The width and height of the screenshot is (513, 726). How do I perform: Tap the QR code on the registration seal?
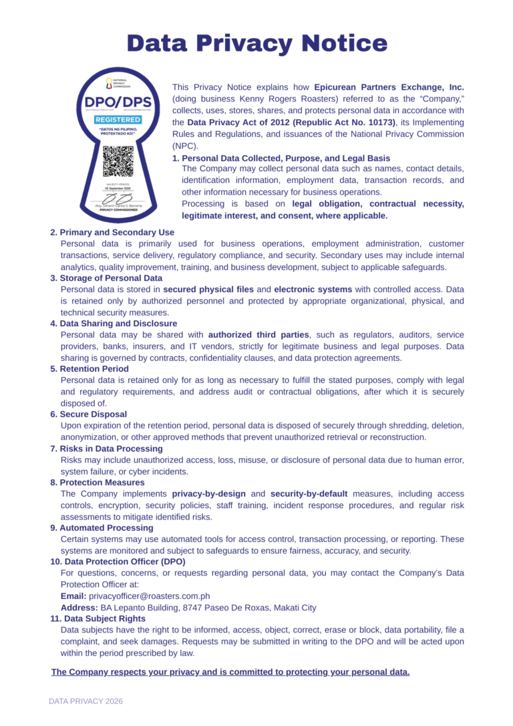(x=118, y=160)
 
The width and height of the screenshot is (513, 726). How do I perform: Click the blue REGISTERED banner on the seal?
(x=118, y=119)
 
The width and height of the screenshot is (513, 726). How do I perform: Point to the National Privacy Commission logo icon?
(x=110, y=84)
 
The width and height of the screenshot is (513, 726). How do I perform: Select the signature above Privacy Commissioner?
(x=118, y=199)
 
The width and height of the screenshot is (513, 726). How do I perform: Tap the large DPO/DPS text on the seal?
(x=118, y=102)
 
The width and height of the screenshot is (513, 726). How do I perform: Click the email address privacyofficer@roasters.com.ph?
(x=150, y=596)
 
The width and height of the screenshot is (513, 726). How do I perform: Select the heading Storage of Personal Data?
(x=111, y=277)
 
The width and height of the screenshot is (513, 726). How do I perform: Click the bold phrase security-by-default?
(x=309, y=494)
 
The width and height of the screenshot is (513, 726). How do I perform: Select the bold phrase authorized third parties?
(x=259, y=334)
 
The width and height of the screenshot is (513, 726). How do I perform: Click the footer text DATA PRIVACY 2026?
(x=85, y=701)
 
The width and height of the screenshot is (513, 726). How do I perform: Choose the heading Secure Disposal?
(x=93, y=414)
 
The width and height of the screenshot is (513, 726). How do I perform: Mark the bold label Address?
(x=79, y=608)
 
